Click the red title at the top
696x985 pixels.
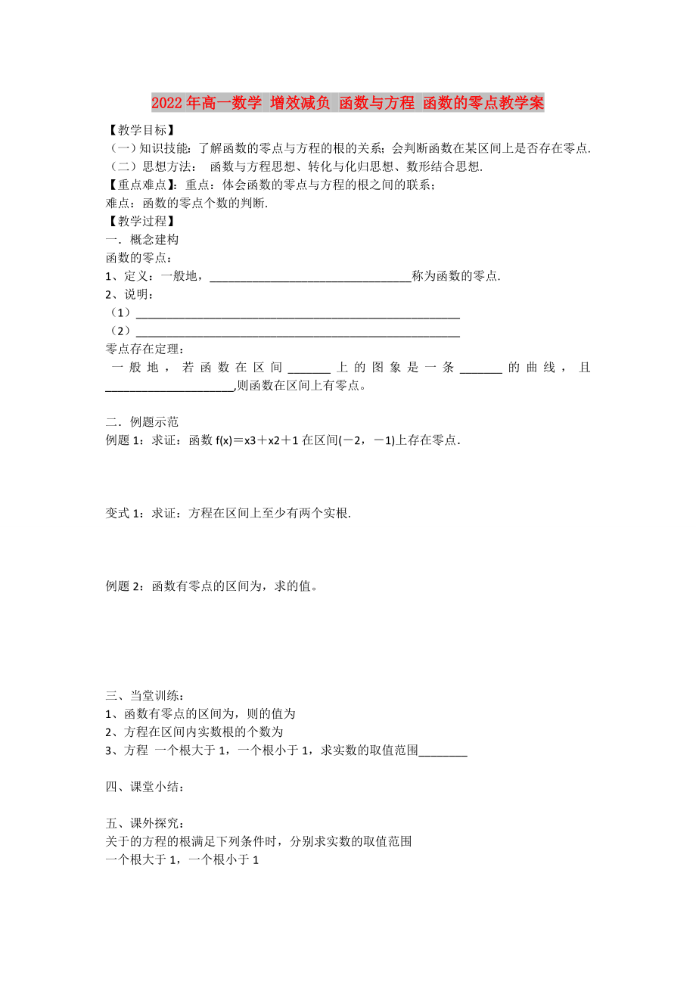click(x=347, y=103)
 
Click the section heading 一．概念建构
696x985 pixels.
click(x=142, y=240)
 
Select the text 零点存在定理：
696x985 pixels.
click(x=144, y=350)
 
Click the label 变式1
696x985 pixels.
click(x=125, y=513)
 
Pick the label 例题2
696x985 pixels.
click(x=125, y=586)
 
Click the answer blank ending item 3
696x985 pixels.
click(x=443, y=752)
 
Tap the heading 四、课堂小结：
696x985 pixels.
click(x=144, y=787)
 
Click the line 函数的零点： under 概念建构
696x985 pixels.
click(x=138, y=258)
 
